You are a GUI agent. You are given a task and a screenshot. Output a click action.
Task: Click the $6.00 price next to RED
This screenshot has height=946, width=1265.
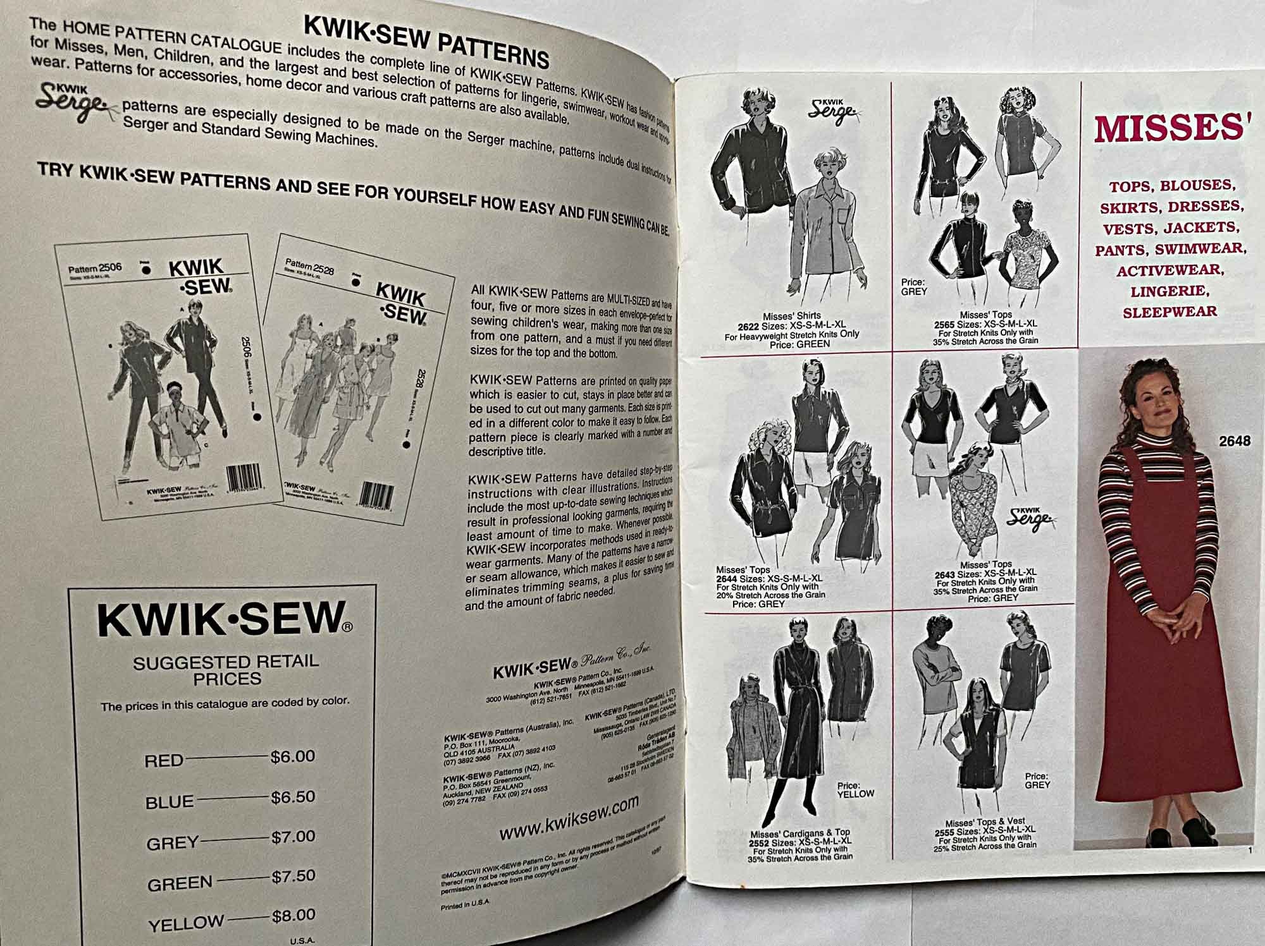(x=292, y=756)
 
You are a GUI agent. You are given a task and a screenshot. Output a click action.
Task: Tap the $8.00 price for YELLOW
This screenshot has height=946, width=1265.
(x=293, y=915)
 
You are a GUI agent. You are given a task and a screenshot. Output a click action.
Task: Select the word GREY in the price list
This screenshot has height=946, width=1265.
(x=172, y=843)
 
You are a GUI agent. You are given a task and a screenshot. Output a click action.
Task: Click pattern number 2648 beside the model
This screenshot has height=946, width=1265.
(x=1235, y=441)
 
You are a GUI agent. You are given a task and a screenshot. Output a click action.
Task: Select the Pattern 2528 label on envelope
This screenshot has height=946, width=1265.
(x=309, y=267)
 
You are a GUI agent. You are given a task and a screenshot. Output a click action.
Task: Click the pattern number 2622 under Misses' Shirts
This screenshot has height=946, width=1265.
(x=750, y=325)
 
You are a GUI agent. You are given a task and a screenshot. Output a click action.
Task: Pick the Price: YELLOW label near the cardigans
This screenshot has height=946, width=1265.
(x=855, y=790)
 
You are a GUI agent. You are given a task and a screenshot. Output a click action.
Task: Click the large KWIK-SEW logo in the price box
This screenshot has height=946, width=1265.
(x=225, y=619)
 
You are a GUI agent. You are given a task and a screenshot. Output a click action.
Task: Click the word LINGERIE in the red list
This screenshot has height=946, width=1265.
(x=1170, y=291)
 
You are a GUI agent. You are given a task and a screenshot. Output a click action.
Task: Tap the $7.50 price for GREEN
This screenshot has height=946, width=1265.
(x=293, y=876)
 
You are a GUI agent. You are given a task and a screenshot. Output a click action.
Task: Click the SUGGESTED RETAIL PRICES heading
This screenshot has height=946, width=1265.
(x=226, y=670)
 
